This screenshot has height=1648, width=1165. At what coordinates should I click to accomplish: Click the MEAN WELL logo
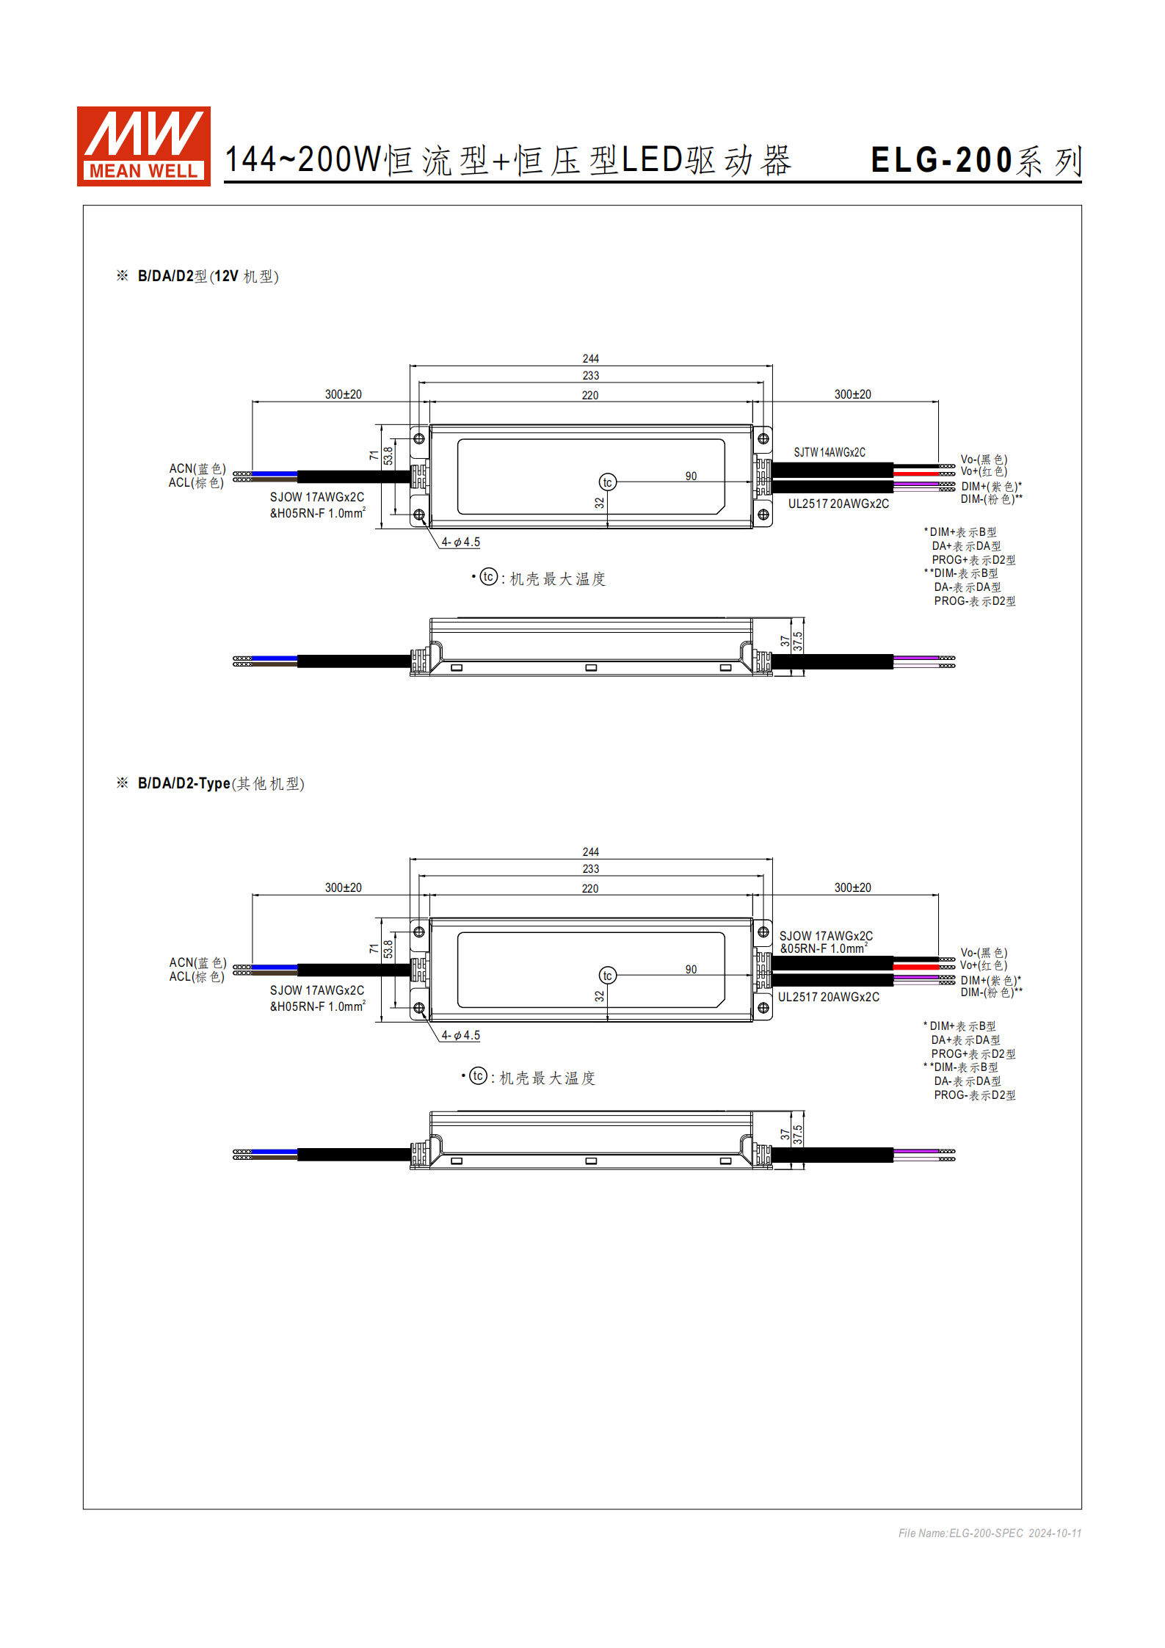[144, 146]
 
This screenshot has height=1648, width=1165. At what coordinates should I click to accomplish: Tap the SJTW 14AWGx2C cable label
[830, 452]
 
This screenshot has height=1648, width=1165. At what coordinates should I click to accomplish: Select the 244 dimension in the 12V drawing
[591, 358]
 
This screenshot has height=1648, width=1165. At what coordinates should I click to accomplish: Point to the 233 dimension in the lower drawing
[591, 868]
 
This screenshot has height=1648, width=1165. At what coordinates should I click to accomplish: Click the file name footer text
[990, 1533]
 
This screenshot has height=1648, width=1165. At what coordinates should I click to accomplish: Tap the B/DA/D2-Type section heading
[210, 783]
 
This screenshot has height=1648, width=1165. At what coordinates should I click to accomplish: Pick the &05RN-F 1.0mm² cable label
[823, 948]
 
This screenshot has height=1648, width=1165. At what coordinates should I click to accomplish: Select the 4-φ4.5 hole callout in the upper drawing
[461, 542]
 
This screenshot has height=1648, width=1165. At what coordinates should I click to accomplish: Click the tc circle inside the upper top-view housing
[607, 482]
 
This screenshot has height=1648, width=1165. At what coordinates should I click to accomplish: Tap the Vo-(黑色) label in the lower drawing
[984, 953]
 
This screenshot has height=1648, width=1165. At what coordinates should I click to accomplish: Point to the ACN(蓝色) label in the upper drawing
[197, 468]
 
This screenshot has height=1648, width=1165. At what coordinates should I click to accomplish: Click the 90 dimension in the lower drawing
[691, 969]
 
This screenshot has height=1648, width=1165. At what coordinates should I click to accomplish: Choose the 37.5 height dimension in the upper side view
[797, 641]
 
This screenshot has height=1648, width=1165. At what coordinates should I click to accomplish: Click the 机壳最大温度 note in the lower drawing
[547, 1078]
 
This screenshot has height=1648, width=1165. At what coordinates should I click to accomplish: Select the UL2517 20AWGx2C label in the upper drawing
[838, 504]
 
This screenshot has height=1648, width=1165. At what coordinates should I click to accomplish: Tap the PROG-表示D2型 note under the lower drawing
[974, 1095]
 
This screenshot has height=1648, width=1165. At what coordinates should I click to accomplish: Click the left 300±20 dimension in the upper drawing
[344, 394]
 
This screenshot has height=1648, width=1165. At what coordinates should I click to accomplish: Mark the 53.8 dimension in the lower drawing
[388, 949]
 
